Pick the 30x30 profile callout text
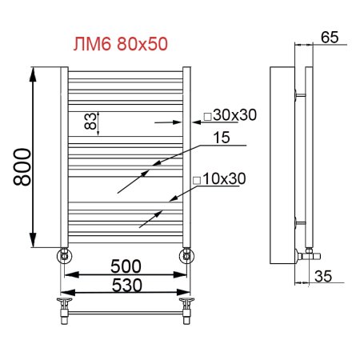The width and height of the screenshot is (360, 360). [233, 115]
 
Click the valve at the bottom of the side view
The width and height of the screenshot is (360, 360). [308, 254]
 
